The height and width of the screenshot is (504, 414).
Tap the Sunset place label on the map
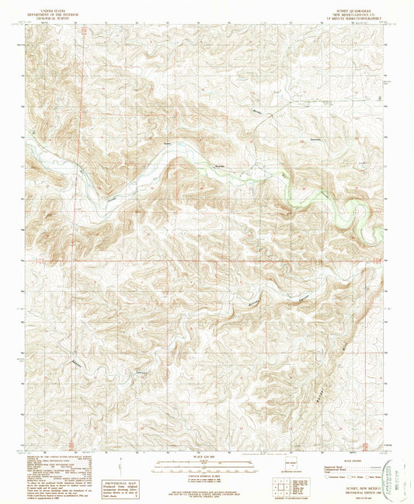click(x=166, y=143)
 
